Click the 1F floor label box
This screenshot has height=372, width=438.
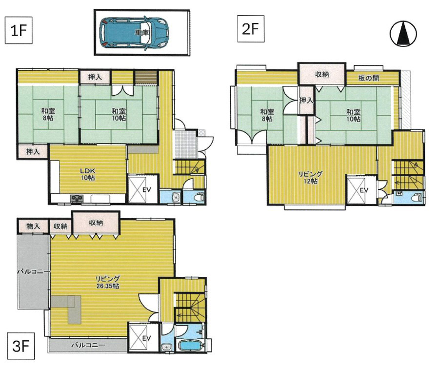point(19,30)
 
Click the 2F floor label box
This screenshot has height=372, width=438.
point(251,29)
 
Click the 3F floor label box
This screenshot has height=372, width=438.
point(21,346)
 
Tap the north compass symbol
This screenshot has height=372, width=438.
point(403,34)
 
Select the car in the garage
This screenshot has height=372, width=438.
point(135,33)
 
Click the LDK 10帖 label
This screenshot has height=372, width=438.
point(88,174)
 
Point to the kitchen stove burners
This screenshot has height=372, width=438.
point(77,199)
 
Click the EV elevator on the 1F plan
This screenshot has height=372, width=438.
point(138,189)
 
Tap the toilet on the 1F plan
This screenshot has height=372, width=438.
point(199,197)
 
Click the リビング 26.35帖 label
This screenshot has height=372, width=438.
point(107,282)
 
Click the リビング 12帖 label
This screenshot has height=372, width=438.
point(310,178)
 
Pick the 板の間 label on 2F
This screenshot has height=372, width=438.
point(369,78)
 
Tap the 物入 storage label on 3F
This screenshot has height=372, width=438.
point(33,226)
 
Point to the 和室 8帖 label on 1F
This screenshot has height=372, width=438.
point(48,114)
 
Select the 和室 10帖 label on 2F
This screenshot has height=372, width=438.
point(353,115)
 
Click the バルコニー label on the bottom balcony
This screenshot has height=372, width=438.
point(88,345)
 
